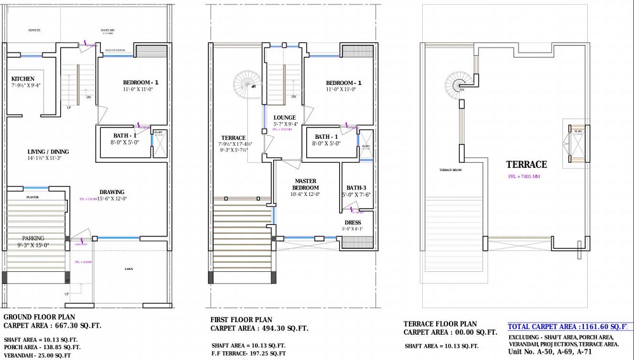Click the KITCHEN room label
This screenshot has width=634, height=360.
pyautogui.click(x=23, y=79)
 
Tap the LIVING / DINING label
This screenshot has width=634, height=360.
pyautogui.click(x=48, y=152)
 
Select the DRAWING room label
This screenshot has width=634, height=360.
pyautogui.click(x=112, y=192)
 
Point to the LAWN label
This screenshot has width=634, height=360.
pyautogui.click(x=129, y=269)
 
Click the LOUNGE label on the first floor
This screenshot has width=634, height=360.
pyautogui.click(x=285, y=118)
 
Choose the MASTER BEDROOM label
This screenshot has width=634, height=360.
pyautogui.click(x=306, y=184)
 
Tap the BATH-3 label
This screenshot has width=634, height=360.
pyautogui.click(x=356, y=188)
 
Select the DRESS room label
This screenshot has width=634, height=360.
pyautogui.click(x=353, y=222)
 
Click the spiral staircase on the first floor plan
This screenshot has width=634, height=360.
pyautogui.click(x=247, y=82)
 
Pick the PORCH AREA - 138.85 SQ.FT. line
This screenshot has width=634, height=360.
pyautogui.click(x=42, y=347)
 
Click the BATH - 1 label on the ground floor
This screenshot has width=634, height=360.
pyautogui.click(x=124, y=136)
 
